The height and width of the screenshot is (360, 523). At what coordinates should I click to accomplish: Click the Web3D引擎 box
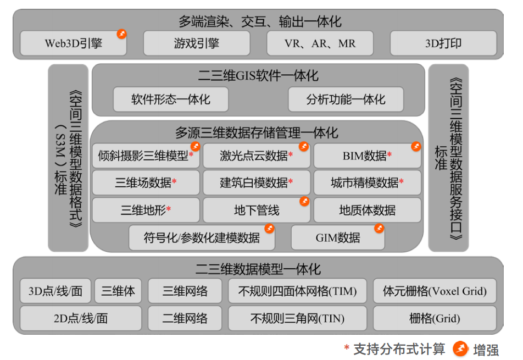coord(73,43)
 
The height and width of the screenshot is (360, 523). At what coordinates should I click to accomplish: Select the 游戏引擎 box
coord(197,43)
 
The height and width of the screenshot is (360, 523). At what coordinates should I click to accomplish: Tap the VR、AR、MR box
coord(320,43)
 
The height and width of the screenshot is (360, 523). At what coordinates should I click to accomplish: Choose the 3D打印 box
coord(443,43)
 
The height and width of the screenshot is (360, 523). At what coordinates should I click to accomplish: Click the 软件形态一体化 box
coord(170,100)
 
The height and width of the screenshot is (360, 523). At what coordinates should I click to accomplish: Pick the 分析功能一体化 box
coord(346,100)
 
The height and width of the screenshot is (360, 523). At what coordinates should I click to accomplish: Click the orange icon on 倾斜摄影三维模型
coord(196,146)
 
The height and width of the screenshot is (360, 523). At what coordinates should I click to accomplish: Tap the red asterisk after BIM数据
coord(390,156)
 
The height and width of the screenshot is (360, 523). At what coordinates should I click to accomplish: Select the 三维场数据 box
coord(146,183)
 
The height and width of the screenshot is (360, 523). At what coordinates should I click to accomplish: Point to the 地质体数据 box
coord(367,210)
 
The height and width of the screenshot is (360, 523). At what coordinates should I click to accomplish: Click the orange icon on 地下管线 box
coord(304,201)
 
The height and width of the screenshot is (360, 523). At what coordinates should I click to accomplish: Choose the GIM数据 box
coord(338,237)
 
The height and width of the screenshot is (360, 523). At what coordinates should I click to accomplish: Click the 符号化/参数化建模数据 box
coord(202,237)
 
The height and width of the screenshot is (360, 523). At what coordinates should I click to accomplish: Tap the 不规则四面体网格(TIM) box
coord(297,291)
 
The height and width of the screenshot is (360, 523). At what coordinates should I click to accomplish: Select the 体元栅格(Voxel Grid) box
coord(435,291)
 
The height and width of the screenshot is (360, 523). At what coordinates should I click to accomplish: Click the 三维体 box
coord(118,291)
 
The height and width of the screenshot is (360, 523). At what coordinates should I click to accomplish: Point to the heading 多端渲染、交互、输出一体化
coord(260,21)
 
